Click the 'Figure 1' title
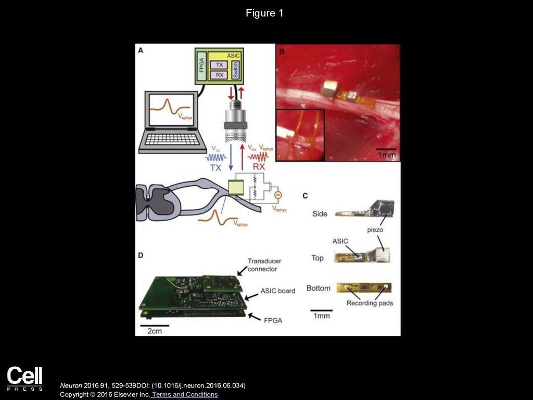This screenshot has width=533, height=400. pos(264,13)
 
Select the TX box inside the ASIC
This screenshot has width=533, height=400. pos(219,65)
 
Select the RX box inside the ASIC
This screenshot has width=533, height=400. pos(219,75)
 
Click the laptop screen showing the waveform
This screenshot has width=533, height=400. pos(171,109)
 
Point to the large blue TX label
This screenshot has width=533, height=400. pos(215,168)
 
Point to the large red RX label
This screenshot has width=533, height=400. pos(259,167)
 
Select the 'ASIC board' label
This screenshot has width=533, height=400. pos(278,290)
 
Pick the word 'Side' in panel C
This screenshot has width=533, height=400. pos(320,213)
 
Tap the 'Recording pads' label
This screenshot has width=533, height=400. pos(370,303)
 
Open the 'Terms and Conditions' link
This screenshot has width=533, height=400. pos(185,394)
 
